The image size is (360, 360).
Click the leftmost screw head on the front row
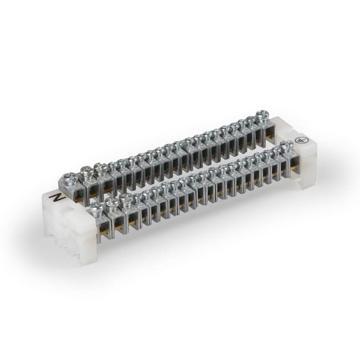coord(96,209)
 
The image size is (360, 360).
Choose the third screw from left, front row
coord(126,199)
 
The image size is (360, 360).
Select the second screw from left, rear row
coord(87,171)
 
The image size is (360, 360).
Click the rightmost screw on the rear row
coord(263,116)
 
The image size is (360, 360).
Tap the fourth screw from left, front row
coord(138,196)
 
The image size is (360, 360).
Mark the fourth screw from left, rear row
coord(114,164)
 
